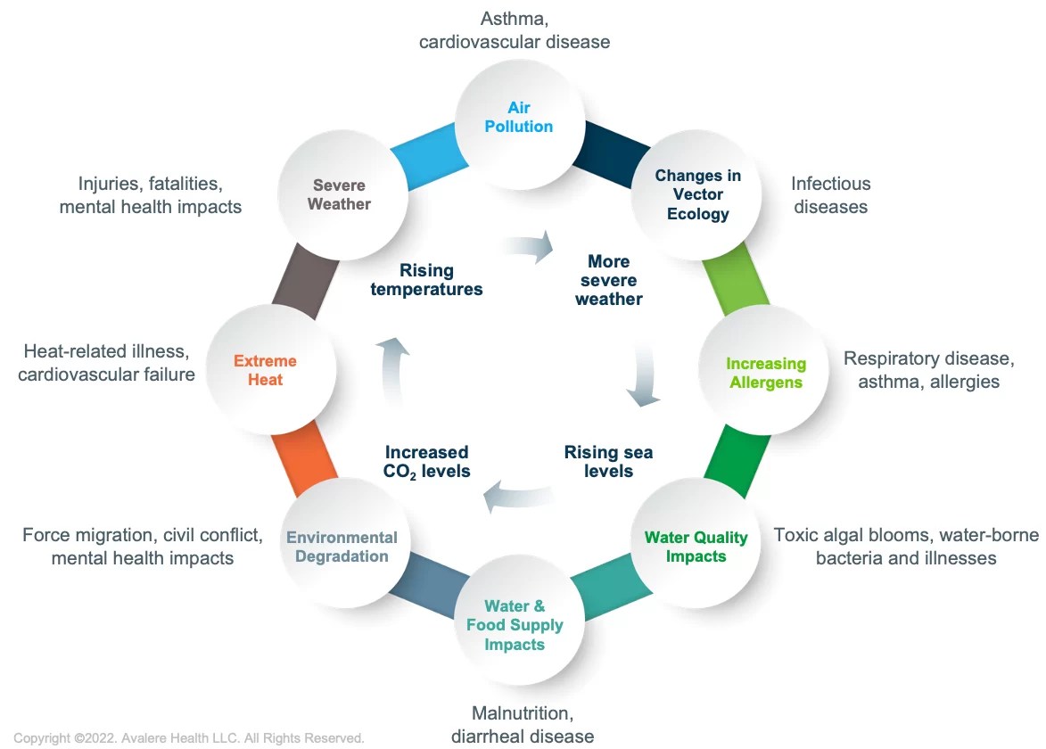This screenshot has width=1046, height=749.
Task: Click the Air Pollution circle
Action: click(x=519, y=117)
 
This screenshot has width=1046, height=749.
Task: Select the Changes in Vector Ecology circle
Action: click(x=697, y=193)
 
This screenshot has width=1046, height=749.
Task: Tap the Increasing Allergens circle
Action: click(x=765, y=373)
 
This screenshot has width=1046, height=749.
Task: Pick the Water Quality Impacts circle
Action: click(x=697, y=546)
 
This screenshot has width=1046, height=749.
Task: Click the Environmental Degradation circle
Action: click(x=342, y=546)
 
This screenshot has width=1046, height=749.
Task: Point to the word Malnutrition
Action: click(x=521, y=713)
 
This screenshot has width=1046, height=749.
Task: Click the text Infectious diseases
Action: click(x=830, y=194)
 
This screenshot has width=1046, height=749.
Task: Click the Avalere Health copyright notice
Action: click(x=189, y=737)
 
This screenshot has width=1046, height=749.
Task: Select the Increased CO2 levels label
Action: click(x=427, y=461)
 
